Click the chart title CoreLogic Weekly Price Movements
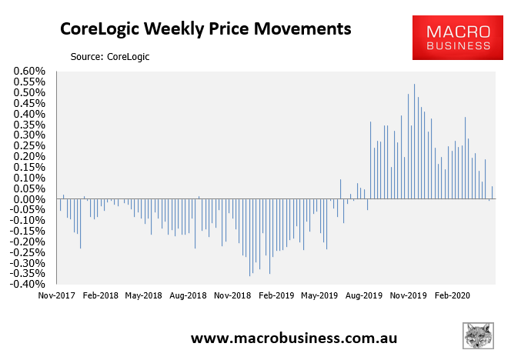click(205, 29)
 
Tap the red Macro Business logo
click(458, 38)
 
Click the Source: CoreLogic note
click(110, 57)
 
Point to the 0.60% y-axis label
click(29, 71)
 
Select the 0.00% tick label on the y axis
click(29, 199)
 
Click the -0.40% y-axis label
click(28, 284)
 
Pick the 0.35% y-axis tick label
click(29, 125)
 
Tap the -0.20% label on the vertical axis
click(28, 242)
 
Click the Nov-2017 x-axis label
click(56, 295)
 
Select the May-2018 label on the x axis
click(143, 295)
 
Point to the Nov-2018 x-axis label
click(232, 295)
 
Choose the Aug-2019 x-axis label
click(364, 295)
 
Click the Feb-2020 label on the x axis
click(453, 295)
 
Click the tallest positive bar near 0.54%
click(414, 142)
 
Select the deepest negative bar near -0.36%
click(249, 238)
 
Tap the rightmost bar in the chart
click(492, 192)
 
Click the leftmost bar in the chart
click(60, 205)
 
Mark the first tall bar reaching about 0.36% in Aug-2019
click(370, 160)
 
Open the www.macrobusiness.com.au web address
click(294, 338)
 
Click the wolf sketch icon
click(478, 335)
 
